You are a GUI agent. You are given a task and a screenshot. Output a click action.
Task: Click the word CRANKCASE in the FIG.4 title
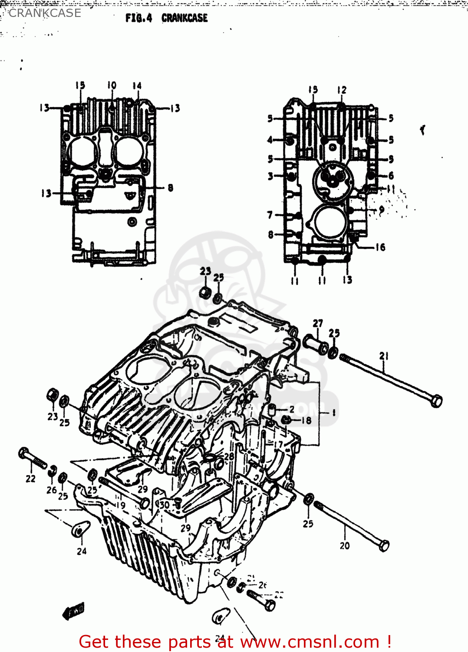coord(185,18)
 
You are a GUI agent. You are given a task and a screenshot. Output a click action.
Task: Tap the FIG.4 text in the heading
coord(138,18)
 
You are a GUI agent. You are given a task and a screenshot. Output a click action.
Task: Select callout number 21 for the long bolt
coord(384,356)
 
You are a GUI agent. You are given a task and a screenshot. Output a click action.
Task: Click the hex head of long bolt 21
coord(436,400)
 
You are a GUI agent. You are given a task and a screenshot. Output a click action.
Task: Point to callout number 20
coord(345,546)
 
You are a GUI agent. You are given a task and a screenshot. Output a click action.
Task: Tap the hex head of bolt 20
coord(384,546)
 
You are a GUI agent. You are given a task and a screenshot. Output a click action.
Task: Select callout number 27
coord(318,323)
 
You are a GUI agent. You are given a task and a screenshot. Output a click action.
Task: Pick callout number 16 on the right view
coord(380,247)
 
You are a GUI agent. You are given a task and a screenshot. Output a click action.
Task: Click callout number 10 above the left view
coord(112,85)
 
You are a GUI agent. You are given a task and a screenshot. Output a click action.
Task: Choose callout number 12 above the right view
coord(342,90)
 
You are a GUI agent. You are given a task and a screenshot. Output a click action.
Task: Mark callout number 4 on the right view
coord(270,140)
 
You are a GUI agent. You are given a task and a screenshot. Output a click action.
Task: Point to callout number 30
coord(165,505)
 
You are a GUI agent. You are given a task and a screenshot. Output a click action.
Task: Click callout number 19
coord(121,505)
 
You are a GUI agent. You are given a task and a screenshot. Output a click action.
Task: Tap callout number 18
coord(307,420)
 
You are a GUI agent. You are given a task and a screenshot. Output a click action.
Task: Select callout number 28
coord(229,456)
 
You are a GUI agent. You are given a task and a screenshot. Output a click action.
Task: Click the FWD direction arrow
coord(73,612)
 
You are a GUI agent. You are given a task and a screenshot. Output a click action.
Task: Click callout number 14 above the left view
coord(137,86)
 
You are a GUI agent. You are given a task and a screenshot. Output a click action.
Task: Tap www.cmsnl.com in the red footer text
coord(310,642)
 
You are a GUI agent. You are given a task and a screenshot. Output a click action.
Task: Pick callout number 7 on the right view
coord(270,215)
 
